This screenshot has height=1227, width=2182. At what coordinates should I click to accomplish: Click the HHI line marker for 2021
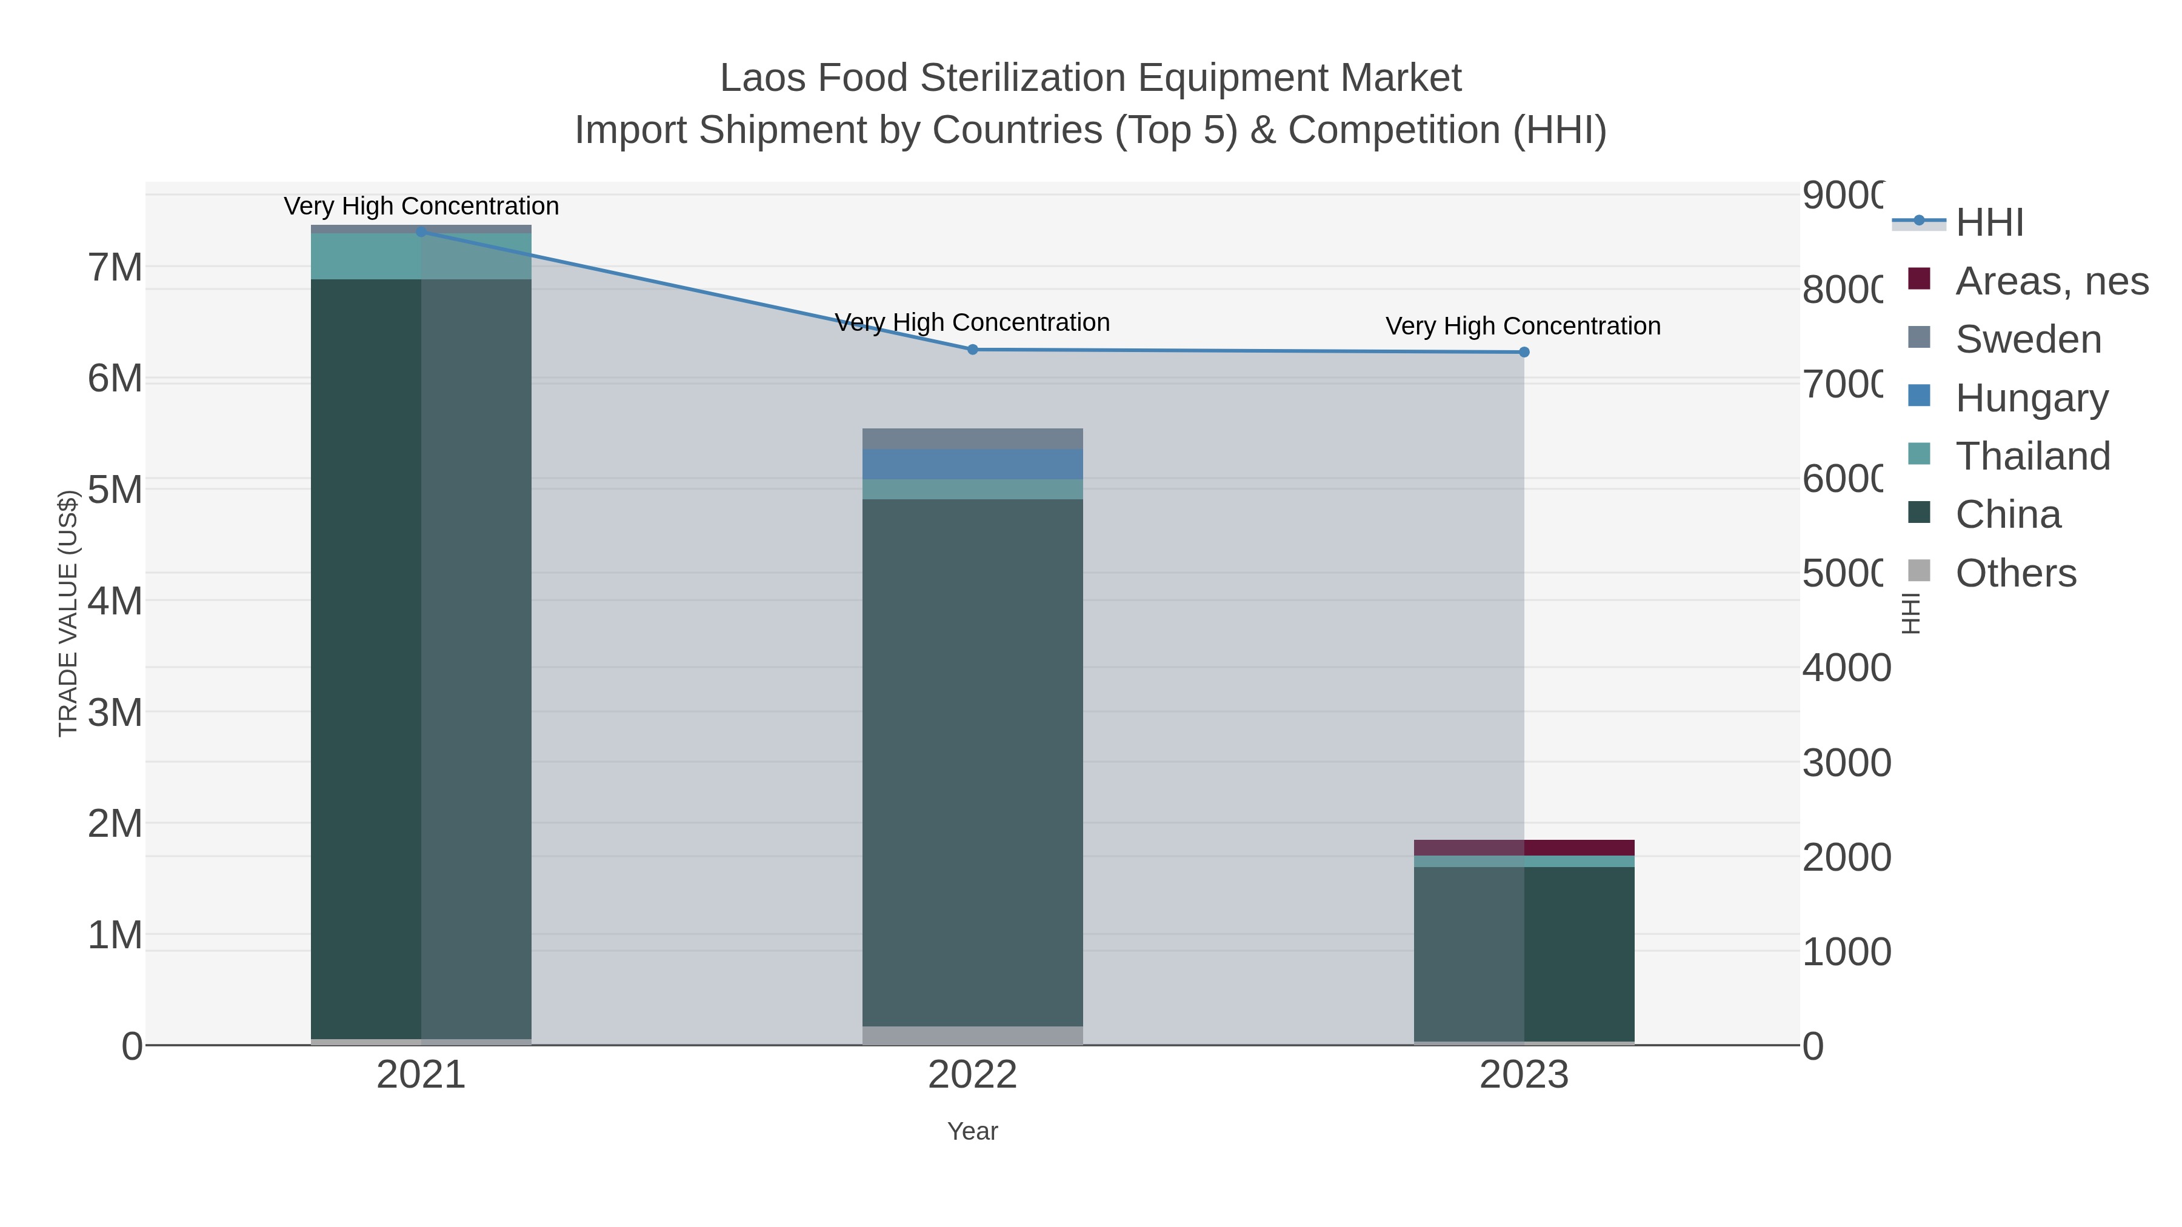pos(421,231)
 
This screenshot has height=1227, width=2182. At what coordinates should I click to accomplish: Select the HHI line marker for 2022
pos(972,350)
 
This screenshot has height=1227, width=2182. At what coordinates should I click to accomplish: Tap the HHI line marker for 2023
pos(1524,352)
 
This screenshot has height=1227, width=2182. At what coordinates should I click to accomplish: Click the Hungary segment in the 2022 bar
pos(972,464)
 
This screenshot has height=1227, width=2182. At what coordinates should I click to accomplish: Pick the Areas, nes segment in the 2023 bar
pos(1524,848)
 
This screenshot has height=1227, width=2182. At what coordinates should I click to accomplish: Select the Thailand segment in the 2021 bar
pos(421,256)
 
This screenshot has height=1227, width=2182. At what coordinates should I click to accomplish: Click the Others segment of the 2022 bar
pos(972,1035)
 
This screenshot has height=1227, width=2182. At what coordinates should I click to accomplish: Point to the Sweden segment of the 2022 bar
pos(972,439)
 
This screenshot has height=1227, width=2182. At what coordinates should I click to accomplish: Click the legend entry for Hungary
pos(2030,398)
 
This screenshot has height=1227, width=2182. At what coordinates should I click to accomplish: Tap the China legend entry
pos(2007,515)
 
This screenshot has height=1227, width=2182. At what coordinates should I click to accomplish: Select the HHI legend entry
pos(1988,223)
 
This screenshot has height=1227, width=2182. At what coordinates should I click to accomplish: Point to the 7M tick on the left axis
pos(115,268)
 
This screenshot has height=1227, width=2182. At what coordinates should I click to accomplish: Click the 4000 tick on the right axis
pos(1846,668)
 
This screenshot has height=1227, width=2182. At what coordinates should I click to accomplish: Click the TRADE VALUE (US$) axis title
pos(68,613)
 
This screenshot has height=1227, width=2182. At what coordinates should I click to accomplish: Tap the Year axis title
pos(972,1131)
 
